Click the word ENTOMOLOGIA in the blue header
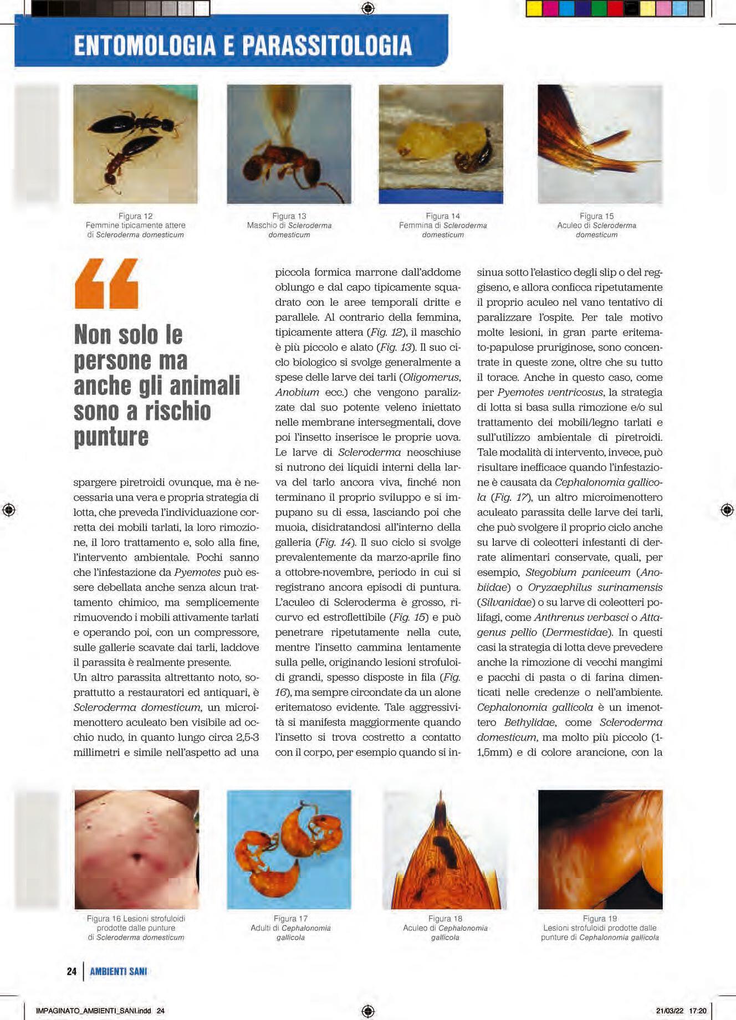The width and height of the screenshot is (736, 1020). (144, 45)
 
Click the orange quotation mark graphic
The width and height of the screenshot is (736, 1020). (106, 284)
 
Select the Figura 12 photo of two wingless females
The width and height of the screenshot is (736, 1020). (135, 144)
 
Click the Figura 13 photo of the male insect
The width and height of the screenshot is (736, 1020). (289, 144)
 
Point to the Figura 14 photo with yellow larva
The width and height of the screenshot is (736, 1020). (441, 144)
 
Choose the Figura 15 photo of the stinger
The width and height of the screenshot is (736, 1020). (600, 144)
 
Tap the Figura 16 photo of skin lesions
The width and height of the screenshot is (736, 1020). (136, 849)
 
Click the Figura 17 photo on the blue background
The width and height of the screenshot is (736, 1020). (289, 849)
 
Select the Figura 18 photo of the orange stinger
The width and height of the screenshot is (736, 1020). (445, 849)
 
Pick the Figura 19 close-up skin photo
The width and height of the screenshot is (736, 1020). (600, 849)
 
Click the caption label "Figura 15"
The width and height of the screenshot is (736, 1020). (596, 216)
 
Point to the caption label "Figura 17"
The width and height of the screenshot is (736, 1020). (290, 919)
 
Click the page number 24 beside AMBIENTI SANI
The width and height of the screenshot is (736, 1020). (71, 971)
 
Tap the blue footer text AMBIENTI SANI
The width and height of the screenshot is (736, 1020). (119, 971)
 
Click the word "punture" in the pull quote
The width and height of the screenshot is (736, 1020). (111, 437)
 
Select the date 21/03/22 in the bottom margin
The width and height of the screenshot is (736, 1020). (669, 1011)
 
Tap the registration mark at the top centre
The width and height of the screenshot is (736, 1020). (368, 8)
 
